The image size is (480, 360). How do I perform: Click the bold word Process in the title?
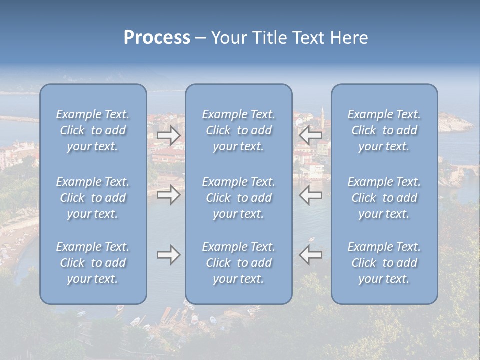(x=157, y=38)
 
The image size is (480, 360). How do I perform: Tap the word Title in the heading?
(x=270, y=38)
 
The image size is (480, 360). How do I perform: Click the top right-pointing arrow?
(x=168, y=134)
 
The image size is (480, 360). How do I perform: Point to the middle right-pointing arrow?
(x=168, y=195)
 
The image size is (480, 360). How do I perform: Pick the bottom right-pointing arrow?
(x=168, y=255)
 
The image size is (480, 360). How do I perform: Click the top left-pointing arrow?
(x=310, y=134)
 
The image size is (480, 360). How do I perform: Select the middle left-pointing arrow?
(x=310, y=195)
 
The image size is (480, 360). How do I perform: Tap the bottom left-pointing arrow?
(x=310, y=255)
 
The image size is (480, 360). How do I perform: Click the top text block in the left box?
(x=93, y=130)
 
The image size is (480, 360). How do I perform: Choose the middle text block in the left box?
(x=93, y=198)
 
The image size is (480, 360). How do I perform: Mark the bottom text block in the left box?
(x=93, y=263)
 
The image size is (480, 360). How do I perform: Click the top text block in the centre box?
(x=238, y=130)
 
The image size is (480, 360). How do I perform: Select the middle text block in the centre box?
(x=238, y=198)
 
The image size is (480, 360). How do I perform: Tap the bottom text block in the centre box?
(x=238, y=263)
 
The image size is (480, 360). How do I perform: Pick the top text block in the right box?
(x=384, y=130)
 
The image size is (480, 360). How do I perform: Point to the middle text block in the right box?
(x=384, y=198)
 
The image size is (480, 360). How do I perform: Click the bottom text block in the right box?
(x=384, y=263)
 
